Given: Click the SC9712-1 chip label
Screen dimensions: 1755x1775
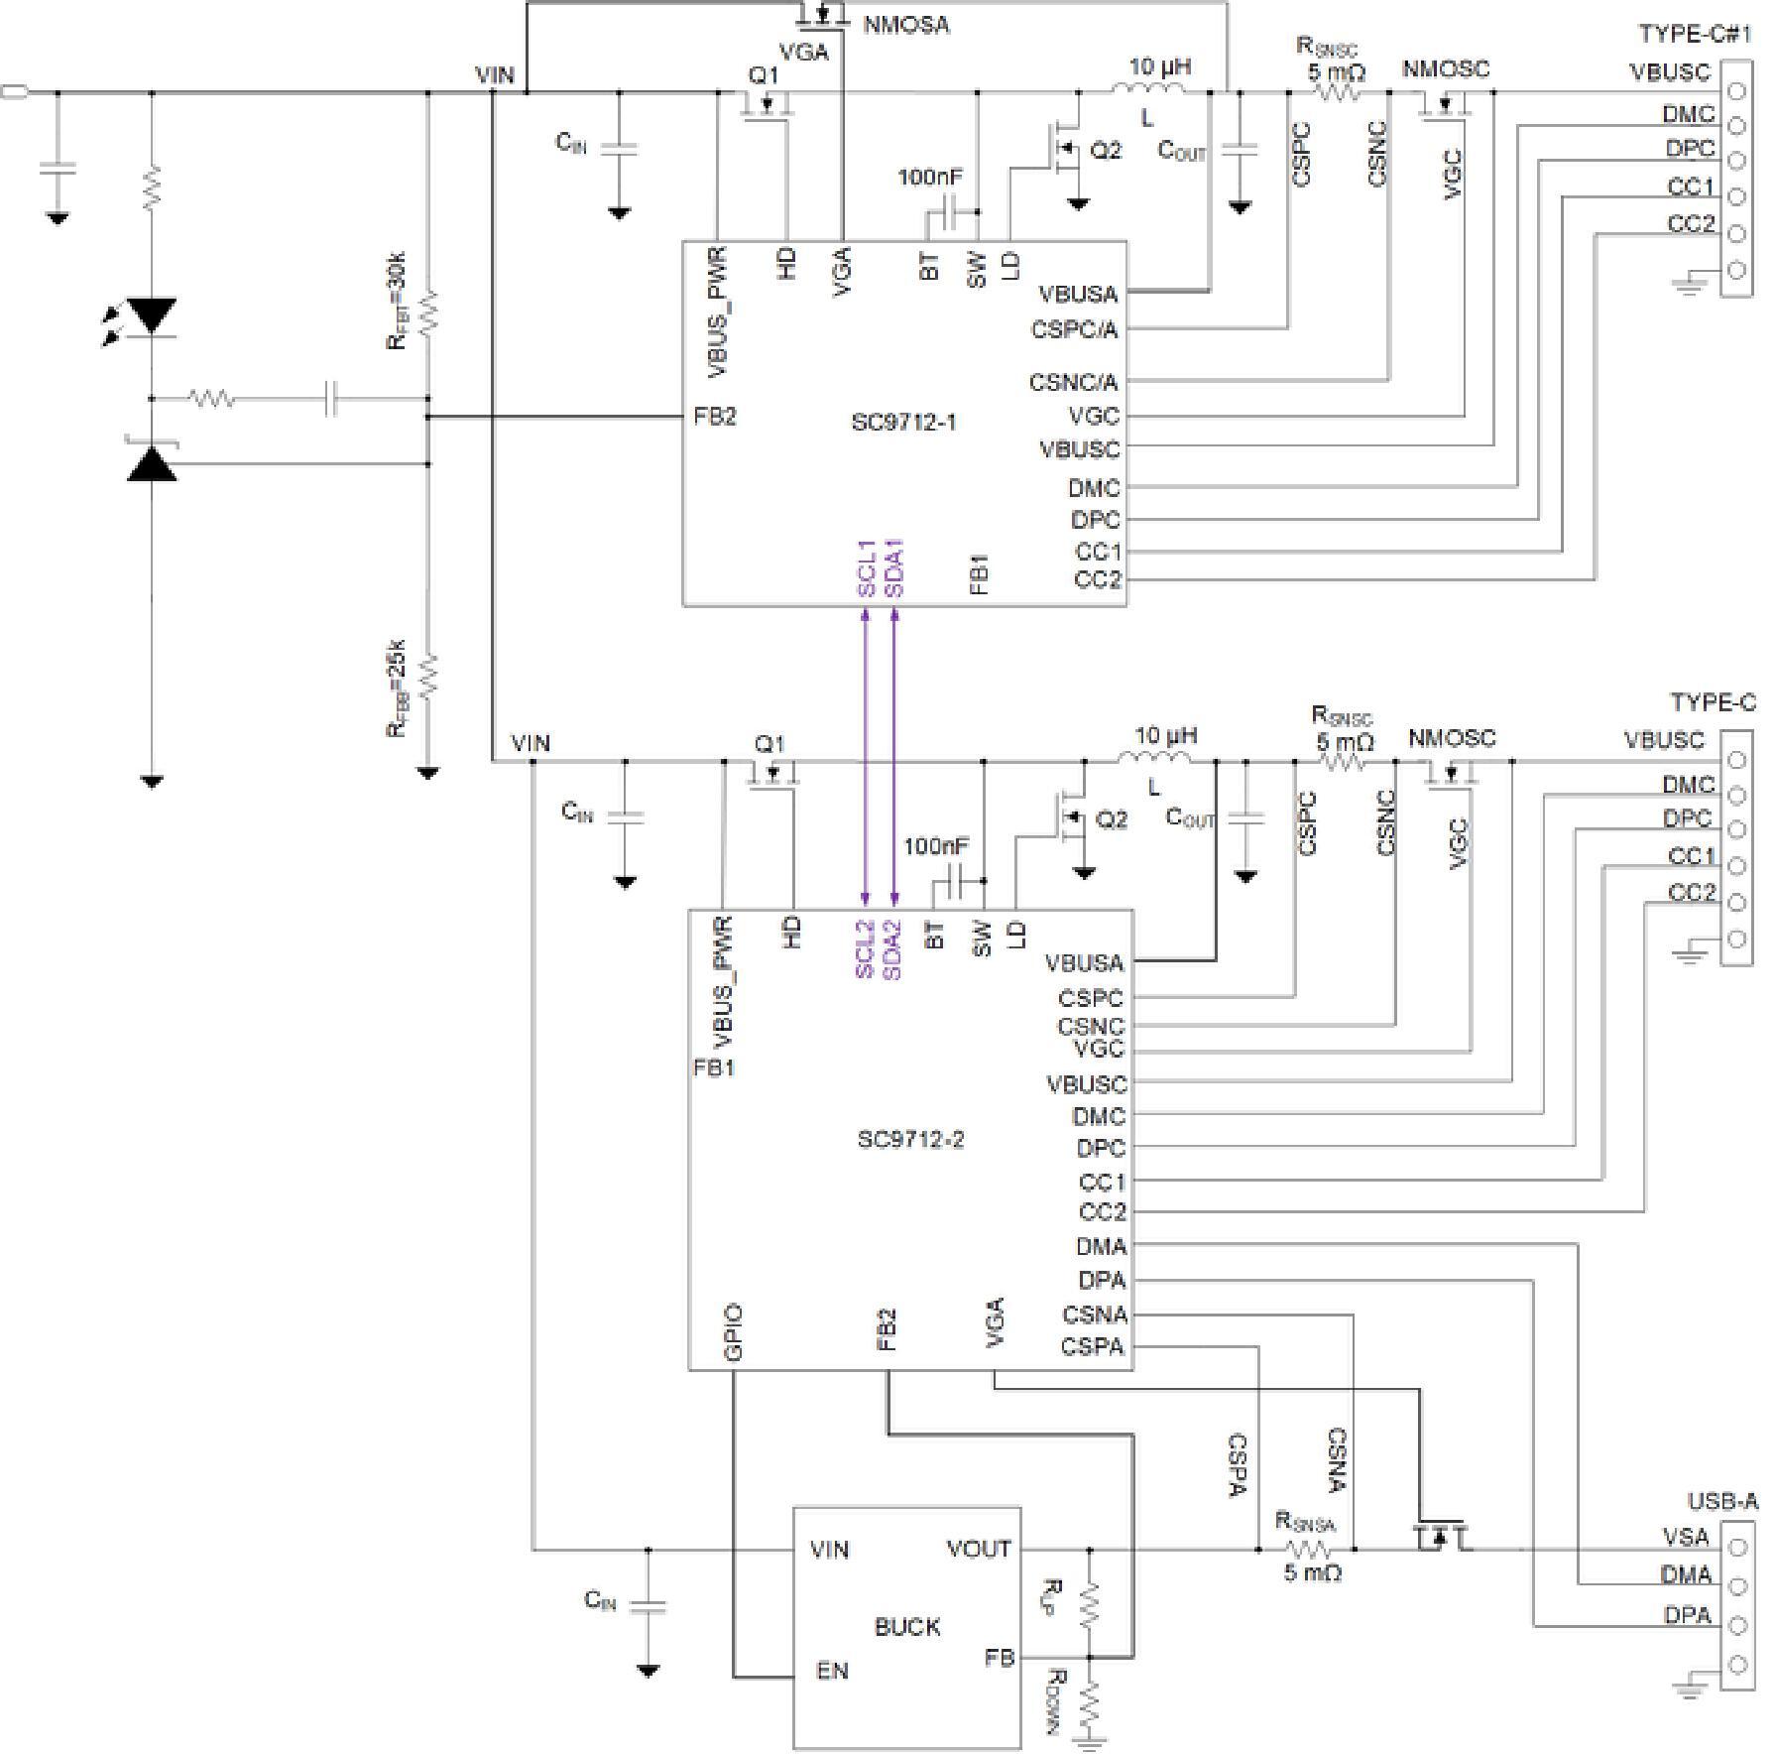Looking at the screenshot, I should pyautogui.click(x=903, y=422).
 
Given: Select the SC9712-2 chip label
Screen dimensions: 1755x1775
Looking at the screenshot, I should pyautogui.click(x=910, y=1140).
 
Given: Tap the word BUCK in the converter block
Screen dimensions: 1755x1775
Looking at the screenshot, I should pyautogui.click(x=907, y=1627).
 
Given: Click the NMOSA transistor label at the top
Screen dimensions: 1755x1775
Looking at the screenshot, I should pyautogui.click(x=906, y=25).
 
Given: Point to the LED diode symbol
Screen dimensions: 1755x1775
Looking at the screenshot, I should pyautogui.click(x=152, y=316).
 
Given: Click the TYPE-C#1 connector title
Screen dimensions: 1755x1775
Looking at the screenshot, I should pyautogui.click(x=1695, y=34).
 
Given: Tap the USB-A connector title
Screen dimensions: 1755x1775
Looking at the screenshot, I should pyautogui.click(x=1722, y=1503).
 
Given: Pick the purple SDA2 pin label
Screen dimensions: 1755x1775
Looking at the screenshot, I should pyautogui.click(x=891, y=949).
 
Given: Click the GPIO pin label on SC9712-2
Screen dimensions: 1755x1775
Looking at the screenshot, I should pyautogui.click(x=734, y=1332).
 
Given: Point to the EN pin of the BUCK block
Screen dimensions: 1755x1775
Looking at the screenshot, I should pyautogui.click(x=832, y=1672).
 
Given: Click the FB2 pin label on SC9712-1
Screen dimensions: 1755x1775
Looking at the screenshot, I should pyautogui.click(x=715, y=417).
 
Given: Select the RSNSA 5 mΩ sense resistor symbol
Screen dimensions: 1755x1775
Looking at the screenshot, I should pyautogui.click(x=1308, y=1551).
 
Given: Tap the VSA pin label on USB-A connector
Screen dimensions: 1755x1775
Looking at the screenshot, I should pyautogui.click(x=1686, y=1538).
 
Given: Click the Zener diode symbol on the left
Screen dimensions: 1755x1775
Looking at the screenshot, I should pyautogui.click(x=152, y=461).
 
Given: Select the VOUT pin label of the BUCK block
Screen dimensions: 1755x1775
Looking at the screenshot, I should pyautogui.click(x=979, y=1550).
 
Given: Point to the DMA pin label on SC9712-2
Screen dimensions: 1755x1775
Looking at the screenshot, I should pyautogui.click(x=1102, y=1246).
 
